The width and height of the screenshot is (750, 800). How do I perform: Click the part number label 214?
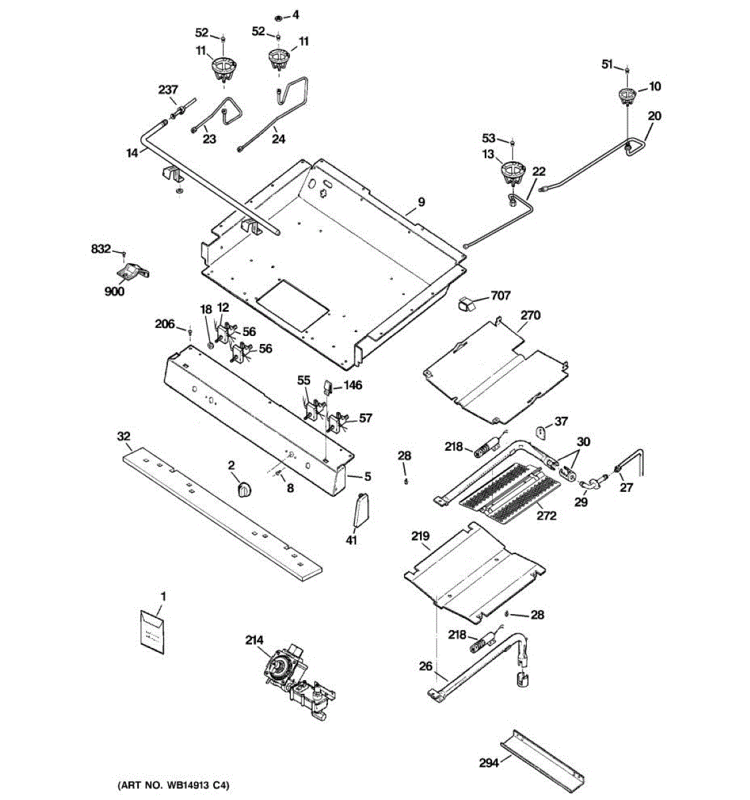coord(254,640)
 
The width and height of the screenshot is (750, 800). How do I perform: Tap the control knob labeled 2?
coord(245,489)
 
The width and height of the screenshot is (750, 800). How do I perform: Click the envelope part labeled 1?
coord(153,631)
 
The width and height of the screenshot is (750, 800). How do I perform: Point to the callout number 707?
coord(501,296)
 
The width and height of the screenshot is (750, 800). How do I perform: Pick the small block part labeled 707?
coord(467,304)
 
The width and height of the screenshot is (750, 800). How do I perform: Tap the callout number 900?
coord(115,291)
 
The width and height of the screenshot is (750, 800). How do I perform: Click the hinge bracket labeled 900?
coord(133,270)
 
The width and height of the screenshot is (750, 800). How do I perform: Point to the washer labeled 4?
coord(279,18)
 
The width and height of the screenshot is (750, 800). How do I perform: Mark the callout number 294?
coord(489,763)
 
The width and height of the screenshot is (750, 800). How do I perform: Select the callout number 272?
coord(546,515)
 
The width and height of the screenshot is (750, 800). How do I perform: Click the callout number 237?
coord(167,89)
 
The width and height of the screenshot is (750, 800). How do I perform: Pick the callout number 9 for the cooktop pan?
coord(421,202)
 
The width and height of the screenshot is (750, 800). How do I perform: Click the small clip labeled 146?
coord(327,387)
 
